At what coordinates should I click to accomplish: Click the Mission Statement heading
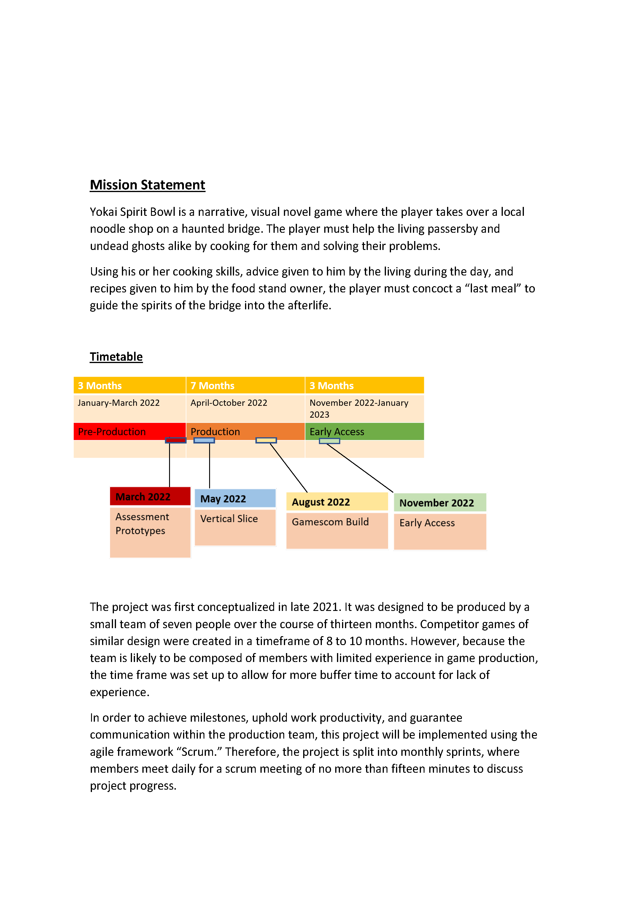(147, 185)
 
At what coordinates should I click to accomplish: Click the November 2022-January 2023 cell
(364, 408)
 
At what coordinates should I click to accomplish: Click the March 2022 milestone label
(150, 497)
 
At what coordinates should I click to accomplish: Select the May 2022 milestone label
(235, 498)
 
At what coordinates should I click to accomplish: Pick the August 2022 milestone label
(336, 502)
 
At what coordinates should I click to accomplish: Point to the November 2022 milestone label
(440, 502)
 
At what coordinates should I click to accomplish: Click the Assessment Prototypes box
(150, 532)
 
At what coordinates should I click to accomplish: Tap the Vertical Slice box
(235, 526)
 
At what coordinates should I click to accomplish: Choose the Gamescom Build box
(336, 529)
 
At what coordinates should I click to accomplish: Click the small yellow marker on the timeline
(266, 440)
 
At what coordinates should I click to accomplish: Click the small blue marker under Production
(204, 440)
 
